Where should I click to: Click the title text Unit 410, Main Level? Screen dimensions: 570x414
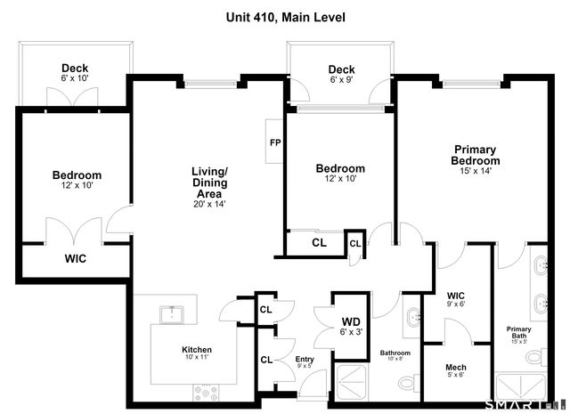[x=285, y=17]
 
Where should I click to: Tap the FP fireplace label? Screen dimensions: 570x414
[x=275, y=142]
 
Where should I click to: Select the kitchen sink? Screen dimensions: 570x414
[x=172, y=314]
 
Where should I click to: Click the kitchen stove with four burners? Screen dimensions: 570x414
[x=206, y=393]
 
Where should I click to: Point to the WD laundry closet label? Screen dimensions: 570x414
[x=351, y=321]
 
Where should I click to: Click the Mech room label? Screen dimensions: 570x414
[x=455, y=367]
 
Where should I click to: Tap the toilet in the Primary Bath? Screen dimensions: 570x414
[x=536, y=356]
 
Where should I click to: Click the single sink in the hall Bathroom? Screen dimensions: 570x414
[x=413, y=317]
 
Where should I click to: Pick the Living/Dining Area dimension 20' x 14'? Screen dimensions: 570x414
[x=209, y=204]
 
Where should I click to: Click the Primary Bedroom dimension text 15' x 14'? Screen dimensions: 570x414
[x=476, y=170]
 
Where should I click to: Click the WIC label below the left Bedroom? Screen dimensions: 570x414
[x=75, y=258]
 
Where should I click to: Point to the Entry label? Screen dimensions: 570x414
[x=305, y=359]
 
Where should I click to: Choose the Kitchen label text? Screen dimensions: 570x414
[x=197, y=350]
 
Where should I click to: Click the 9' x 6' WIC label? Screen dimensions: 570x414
[x=455, y=299]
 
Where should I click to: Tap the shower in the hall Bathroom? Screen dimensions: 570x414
[x=352, y=383]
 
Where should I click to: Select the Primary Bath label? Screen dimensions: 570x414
[x=518, y=331]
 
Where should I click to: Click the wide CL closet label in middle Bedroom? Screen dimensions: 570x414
[x=319, y=243]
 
